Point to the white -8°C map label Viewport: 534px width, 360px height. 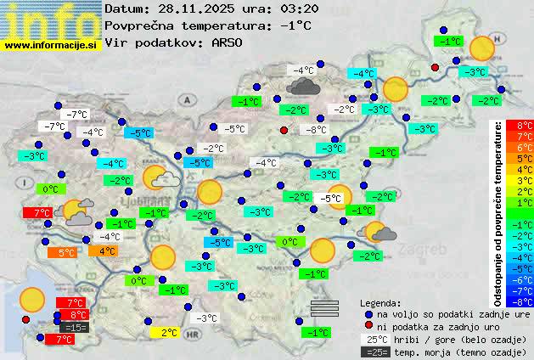316,130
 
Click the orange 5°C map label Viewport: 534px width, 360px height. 66,252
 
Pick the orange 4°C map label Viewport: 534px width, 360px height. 106,250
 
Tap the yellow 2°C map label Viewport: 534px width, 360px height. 169,333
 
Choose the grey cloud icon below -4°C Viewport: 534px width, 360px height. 302,86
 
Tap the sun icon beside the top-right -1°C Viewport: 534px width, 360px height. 482,49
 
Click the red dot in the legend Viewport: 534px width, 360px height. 368,326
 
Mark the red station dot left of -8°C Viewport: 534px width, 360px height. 284,130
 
